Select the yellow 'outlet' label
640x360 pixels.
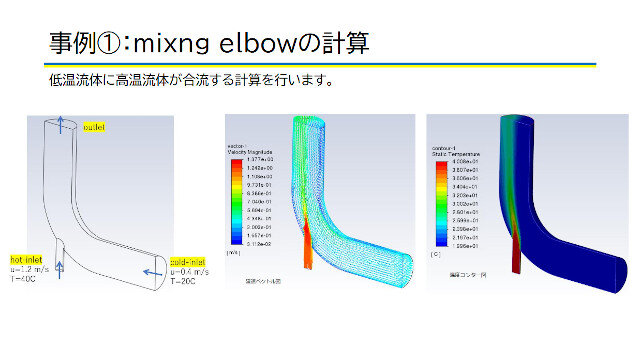tap(95, 128)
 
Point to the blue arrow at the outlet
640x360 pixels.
tap(60, 123)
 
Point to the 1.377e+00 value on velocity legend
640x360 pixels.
tap(255, 160)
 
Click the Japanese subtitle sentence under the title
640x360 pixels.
tap(189, 80)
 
